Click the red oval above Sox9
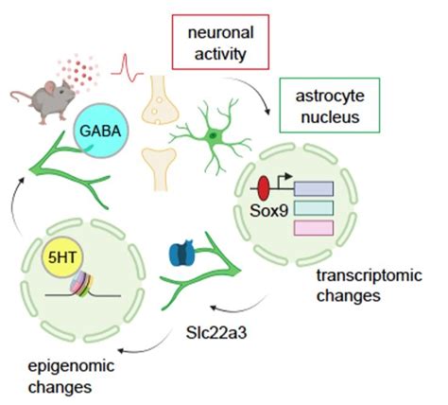pos(264,184)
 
